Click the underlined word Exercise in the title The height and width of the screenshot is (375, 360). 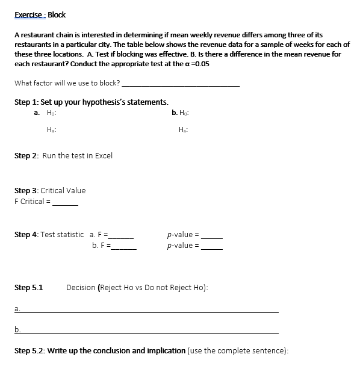[x=28, y=14]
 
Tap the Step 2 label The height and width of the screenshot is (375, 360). [x=26, y=155]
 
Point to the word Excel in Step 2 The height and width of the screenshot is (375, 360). [x=103, y=155]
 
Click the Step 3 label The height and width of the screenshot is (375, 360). [x=26, y=191]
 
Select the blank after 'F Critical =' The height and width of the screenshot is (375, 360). [x=65, y=202]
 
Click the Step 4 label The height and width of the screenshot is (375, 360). [x=26, y=235]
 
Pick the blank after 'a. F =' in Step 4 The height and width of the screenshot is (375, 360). [x=123, y=235]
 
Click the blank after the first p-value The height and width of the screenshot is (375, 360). [x=212, y=235]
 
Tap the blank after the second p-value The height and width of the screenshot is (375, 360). [x=212, y=246]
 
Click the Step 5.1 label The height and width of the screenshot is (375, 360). [x=28, y=288]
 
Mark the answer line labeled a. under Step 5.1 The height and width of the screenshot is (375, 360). [x=151, y=310]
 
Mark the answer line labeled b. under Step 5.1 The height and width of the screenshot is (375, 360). [x=151, y=331]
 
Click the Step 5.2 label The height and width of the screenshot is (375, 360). [x=28, y=350]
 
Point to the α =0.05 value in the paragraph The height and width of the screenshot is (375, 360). [x=197, y=63]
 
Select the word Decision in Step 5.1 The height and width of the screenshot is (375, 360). [x=81, y=288]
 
